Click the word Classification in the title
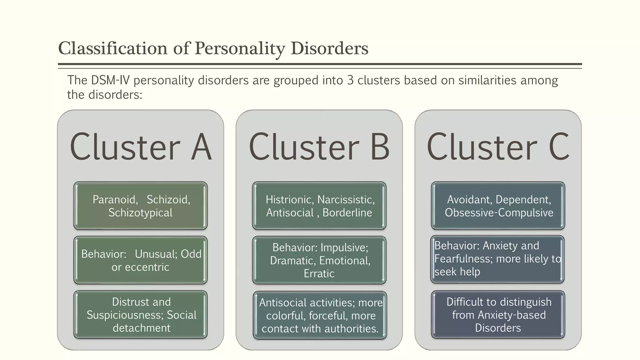[113, 49]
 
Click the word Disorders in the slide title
[329, 49]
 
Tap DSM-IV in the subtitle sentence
[110, 80]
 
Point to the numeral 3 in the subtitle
[350, 80]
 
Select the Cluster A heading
[141, 147]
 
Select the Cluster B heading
[319, 147]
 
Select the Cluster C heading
[498, 147]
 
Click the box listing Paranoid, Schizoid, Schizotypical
[141, 206]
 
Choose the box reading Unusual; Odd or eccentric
[141, 260]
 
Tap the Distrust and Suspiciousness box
[141, 315]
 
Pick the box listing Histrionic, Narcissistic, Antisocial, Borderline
[319, 206]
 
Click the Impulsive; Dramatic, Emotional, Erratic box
[319, 260]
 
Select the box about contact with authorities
[320, 315]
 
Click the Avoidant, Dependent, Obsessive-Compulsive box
[498, 206]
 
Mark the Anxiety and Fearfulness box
[497, 259]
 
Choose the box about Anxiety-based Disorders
[498, 315]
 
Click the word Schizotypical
[140, 213]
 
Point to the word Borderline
[347, 213]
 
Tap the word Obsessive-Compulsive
[499, 213]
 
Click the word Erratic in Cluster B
[319, 274]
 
